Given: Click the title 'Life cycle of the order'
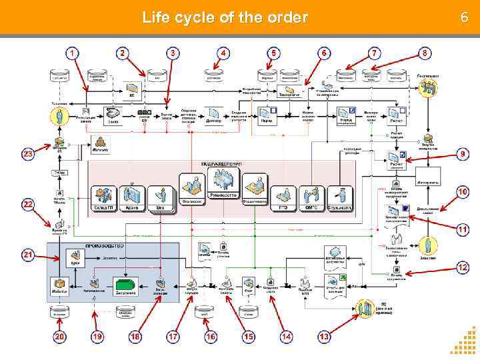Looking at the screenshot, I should [225, 17].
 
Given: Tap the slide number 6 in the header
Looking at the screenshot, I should [465, 17].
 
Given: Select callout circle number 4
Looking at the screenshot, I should [224, 52].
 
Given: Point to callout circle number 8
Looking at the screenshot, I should [425, 52].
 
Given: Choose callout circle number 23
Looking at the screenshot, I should [28, 154].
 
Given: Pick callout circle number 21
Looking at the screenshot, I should [28, 255].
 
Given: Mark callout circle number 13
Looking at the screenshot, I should [324, 337].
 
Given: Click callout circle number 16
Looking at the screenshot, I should [211, 337].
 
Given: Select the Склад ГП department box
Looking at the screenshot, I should [104, 199].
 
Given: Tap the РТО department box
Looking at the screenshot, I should [279, 199].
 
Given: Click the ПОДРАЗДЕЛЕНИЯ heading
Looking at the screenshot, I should [221, 163].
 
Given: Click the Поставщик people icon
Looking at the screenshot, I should [427, 87].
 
